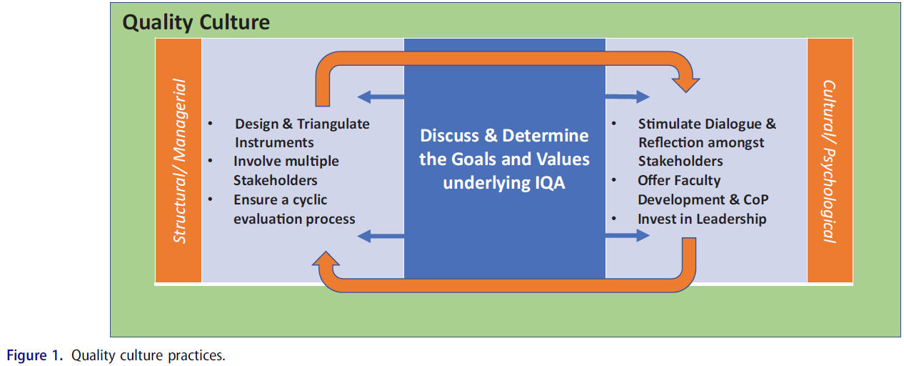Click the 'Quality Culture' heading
[196, 22]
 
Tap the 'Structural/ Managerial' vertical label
[180, 161]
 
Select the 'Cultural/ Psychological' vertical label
[829, 161]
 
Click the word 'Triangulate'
[333, 124]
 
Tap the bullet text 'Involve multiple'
[286, 162]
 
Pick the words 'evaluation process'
[293, 219]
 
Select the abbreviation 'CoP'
[753, 199]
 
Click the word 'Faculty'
[695, 181]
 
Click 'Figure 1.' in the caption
[36, 355]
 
